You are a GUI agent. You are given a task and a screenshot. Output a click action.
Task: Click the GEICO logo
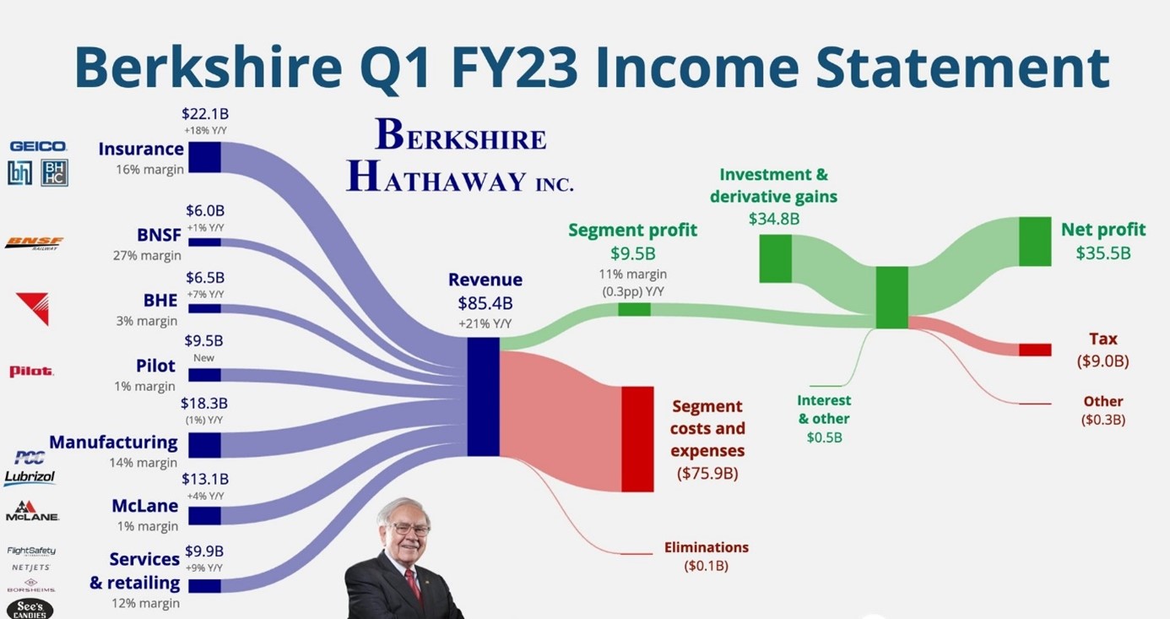[x=38, y=146]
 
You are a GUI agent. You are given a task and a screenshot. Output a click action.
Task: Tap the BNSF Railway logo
[x=34, y=243]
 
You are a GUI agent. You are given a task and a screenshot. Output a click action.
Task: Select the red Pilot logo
[x=31, y=371]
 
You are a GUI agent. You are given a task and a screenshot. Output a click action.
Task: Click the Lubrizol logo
[x=30, y=477]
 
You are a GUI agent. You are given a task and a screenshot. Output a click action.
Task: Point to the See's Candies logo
[x=30, y=609]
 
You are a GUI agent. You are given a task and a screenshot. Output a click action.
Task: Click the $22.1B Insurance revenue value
[x=205, y=114]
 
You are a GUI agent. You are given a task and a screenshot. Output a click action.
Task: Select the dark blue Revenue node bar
[x=483, y=397]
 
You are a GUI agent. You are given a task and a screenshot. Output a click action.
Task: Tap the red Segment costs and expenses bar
[x=637, y=439]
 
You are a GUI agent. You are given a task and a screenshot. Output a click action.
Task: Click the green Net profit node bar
[x=1035, y=242]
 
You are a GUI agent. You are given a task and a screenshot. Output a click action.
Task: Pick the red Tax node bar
[x=1035, y=350]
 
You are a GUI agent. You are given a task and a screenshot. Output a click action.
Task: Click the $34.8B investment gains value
[x=774, y=219]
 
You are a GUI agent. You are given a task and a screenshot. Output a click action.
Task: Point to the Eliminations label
[x=707, y=547]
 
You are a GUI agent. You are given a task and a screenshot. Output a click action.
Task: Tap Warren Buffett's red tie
[x=413, y=584]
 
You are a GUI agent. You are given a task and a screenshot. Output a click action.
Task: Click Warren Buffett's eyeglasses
[x=410, y=529]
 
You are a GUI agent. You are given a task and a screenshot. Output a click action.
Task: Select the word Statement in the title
[x=962, y=68]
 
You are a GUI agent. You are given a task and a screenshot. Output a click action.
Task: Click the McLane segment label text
[x=144, y=506]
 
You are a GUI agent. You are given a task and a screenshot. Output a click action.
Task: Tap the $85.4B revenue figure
[x=485, y=303]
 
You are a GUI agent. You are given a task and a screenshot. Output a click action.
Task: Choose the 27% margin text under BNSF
[x=147, y=255]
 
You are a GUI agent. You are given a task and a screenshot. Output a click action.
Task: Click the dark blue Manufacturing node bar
[x=204, y=445]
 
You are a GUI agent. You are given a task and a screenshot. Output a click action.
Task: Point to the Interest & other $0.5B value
[x=824, y=437]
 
